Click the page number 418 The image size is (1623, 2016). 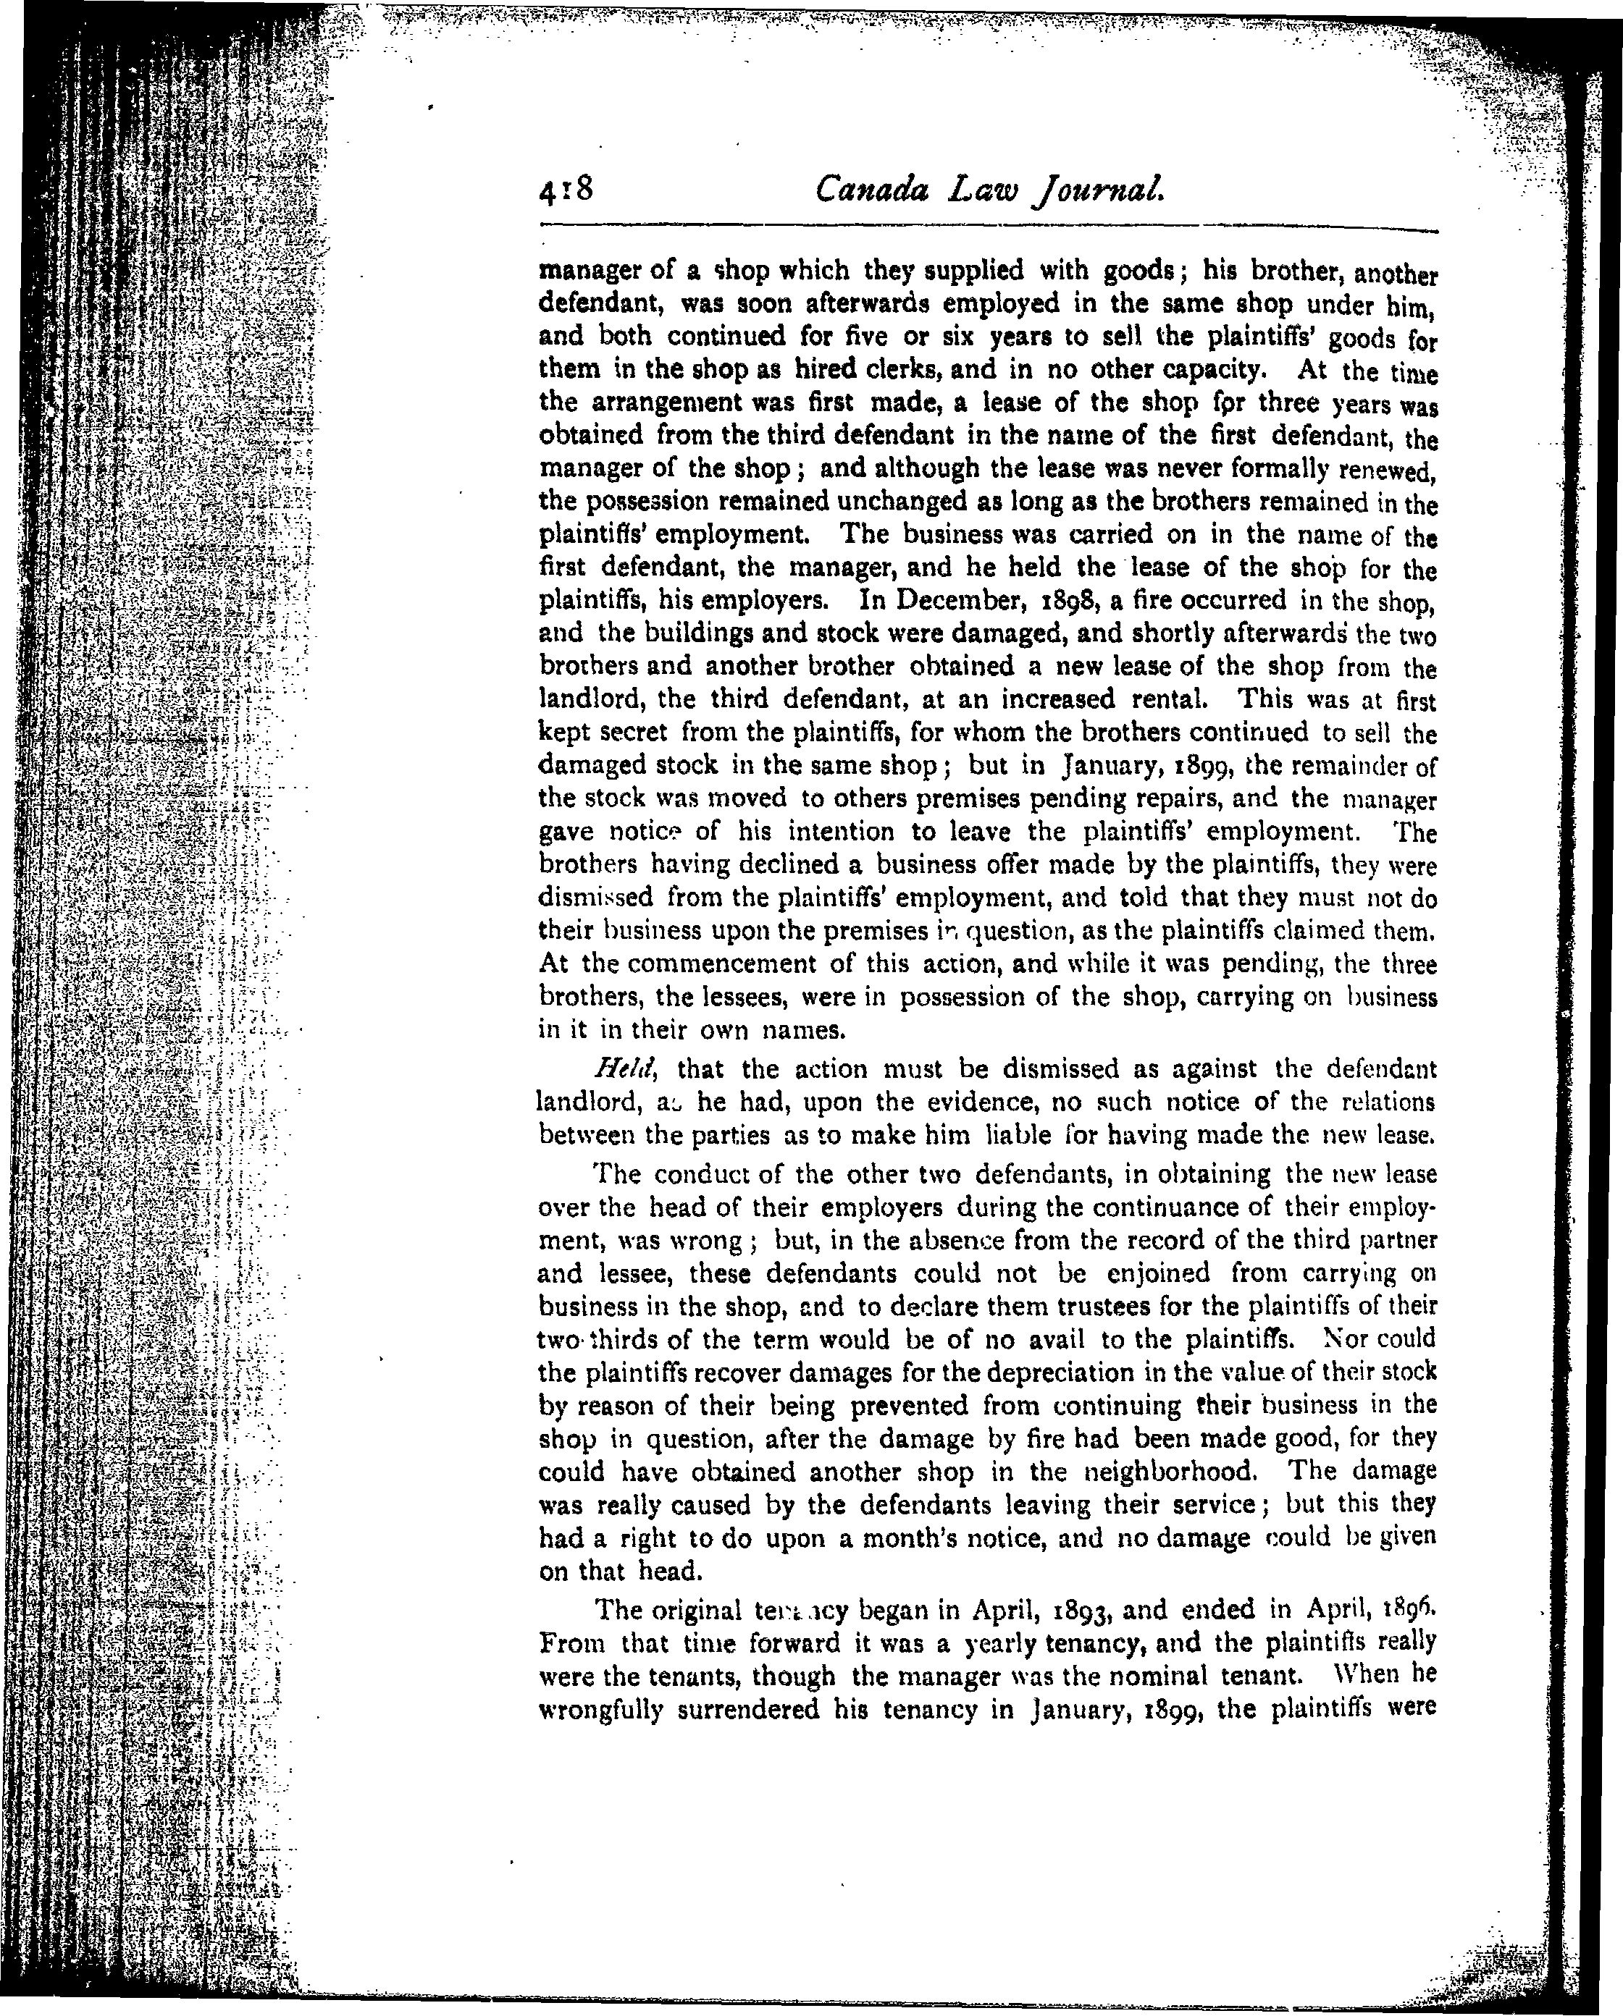pyautogui.click(x=566, y=192)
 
